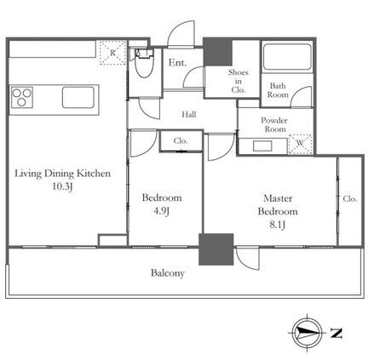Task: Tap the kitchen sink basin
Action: [78, 97]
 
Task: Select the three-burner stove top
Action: [21, 97]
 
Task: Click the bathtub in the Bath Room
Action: [287, 56]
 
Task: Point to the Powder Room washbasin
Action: [262, 146]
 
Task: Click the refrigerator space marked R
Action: [112, 53]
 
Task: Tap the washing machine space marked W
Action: [301, 144]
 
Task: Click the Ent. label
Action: [177, 63]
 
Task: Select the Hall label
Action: [189, 115]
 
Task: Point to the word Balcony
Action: [168, 273]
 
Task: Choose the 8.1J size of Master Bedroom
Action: [277, 225]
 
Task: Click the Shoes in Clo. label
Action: [239, 81]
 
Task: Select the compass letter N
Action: [336, 333]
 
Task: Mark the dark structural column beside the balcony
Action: [216, 249]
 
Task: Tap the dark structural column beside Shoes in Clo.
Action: [218, 52]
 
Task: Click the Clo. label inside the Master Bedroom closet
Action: [349, 198]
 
